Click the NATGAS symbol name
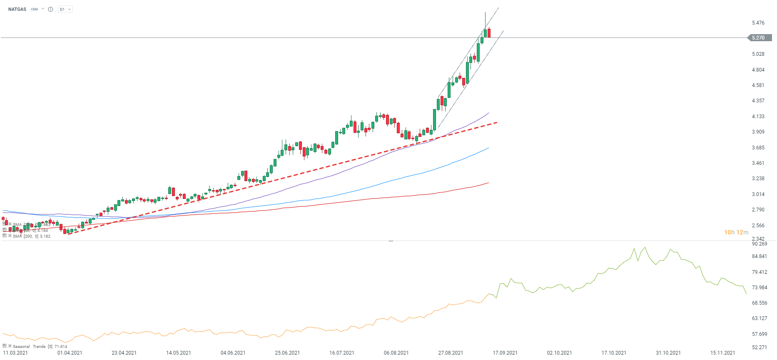[x=17, y=9]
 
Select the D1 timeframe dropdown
[x=65, y=9]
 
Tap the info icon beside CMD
[x=50, y=9]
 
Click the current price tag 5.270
[x=759, y=38]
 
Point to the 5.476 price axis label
[x=758, y=23]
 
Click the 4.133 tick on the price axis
[x=758, y=117]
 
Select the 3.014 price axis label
[x=758, y=194]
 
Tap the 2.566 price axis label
[x=758, y=226]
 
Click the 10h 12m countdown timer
[x=736, y=232]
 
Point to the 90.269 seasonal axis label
[x=760, y=244]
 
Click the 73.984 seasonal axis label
[x=760, y=288]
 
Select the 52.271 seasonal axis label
[x=760, y=348]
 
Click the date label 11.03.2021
[x=15, y=353]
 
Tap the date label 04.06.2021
[x=233, y=353]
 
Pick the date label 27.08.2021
[x=451, y=353]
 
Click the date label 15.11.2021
[x=722, y=353]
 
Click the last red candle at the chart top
[x=489, y=33]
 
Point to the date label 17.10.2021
[x=614, y=353]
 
